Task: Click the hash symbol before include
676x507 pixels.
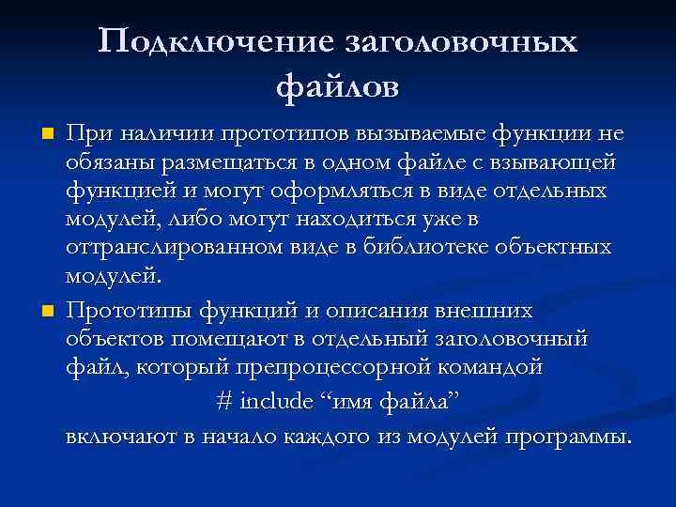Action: tap(223, 400)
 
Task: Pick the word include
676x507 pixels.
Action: tap(278, 400)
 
